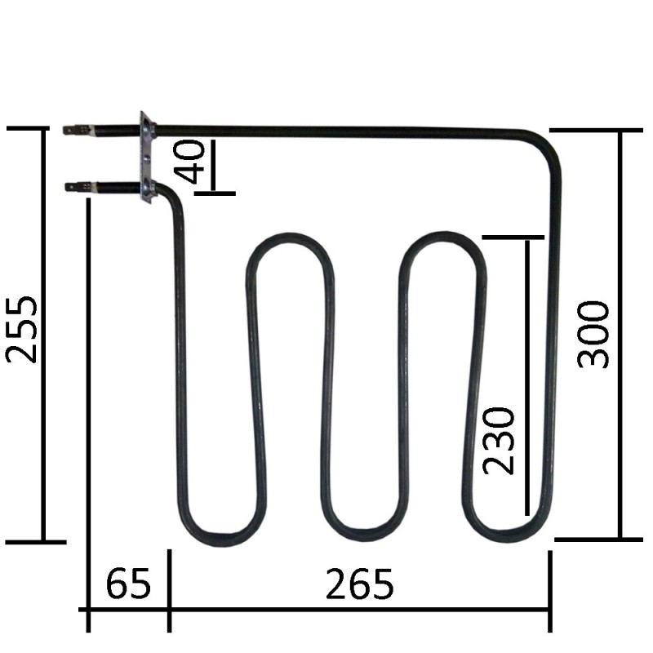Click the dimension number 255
tap(22, 329)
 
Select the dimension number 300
tap(594, 334)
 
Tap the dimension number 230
tap(499, 440)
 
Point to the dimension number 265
tap(359, 584)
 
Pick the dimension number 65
tap(128, 584)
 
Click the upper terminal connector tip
tap(70, 129)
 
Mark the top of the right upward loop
tap(442, 239)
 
